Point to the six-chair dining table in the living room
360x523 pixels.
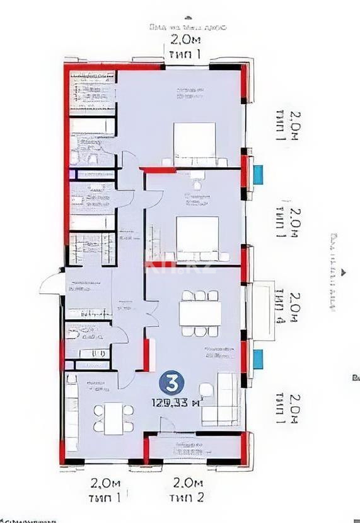click(200, 313)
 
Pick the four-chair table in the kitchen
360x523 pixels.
click(114, 418)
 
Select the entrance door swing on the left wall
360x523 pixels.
click(52, 285)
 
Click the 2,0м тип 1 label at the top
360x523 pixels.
click(185, 47)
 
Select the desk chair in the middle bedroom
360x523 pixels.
click(198, 184)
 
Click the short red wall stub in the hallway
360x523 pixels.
click(146, 355)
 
